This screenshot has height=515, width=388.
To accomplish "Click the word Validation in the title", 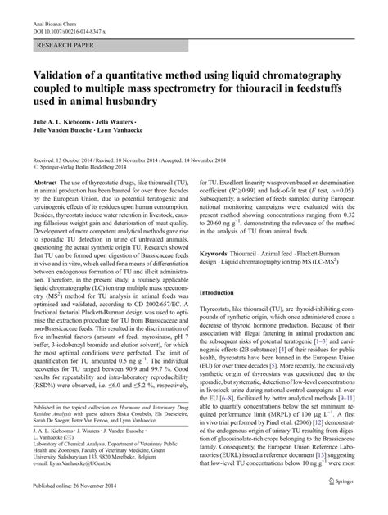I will click(64, 74).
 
